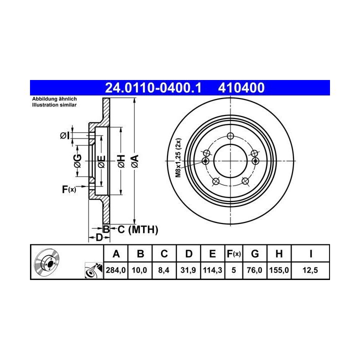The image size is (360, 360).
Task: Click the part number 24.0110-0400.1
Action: click(x=153, y=88)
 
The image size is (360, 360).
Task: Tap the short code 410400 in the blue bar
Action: click(x=241, y=88)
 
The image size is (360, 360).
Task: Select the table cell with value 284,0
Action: click(x=115, y=270)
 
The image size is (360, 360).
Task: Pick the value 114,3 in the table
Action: click(x=212, y=270)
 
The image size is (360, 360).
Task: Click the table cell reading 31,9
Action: click(x=188, y=270)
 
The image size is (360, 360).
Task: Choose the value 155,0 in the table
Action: click(x=279, y=270)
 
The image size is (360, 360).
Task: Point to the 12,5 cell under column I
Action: click(x=310, y=270)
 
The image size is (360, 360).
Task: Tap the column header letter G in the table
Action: click(x=255, y=254)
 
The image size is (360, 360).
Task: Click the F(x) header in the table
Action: click(x=233, y=254)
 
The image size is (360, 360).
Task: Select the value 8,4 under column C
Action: click(x=163, y=270)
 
